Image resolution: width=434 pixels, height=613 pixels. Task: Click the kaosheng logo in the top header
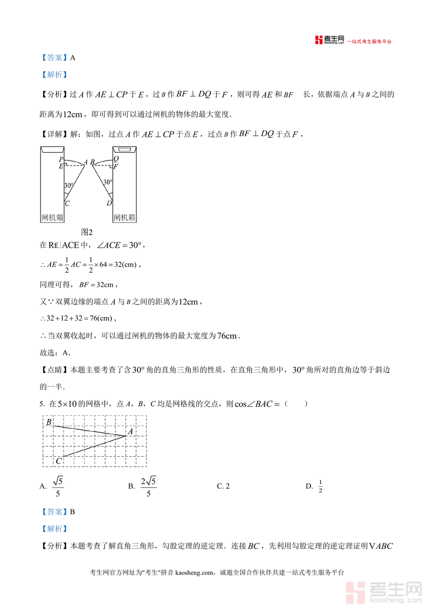click(x=329, y=40)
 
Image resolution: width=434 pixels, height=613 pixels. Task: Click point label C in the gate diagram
click(x=67, y=203)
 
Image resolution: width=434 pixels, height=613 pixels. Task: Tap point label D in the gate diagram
click(x=109, y=203)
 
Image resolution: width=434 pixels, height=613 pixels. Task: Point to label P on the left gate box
click(x=61, y=160)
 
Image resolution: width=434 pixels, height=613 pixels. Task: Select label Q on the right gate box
click(x=116, y=159)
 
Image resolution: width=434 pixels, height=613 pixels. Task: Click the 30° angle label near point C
click(x=68, y=185)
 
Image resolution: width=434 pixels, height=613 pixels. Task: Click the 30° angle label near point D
click(x=108, y=182)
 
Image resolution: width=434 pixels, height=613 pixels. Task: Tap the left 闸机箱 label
click(x=52, y=218)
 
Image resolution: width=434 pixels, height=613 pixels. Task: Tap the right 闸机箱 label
click(x=124, y=218)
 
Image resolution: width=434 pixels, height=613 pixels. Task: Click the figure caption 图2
click(x=87, y=232)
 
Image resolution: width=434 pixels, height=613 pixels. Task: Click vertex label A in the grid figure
click(x=130, y=432)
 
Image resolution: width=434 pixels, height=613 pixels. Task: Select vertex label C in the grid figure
click(x=58, y=461)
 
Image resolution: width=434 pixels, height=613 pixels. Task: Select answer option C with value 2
click(x=223, y=486)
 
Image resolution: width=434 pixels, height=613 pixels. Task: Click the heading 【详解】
click(x=54, y=134)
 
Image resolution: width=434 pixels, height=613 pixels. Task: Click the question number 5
click(x=42, y=404)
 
